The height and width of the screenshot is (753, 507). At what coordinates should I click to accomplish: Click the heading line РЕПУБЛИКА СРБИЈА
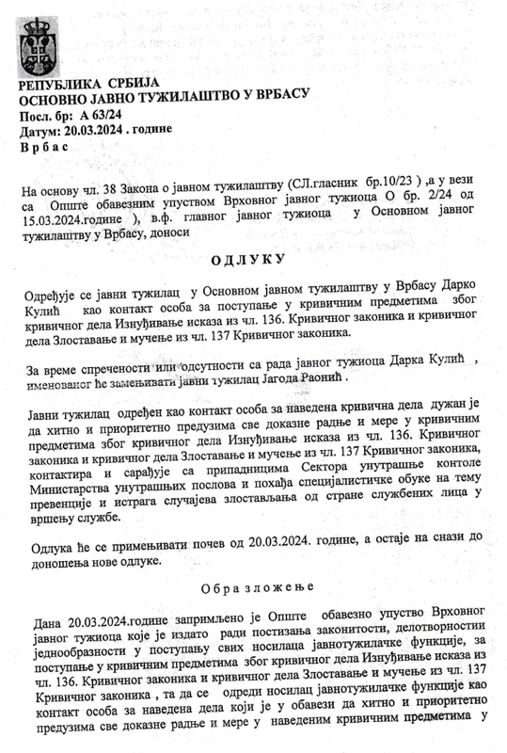(x=85, y=89)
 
